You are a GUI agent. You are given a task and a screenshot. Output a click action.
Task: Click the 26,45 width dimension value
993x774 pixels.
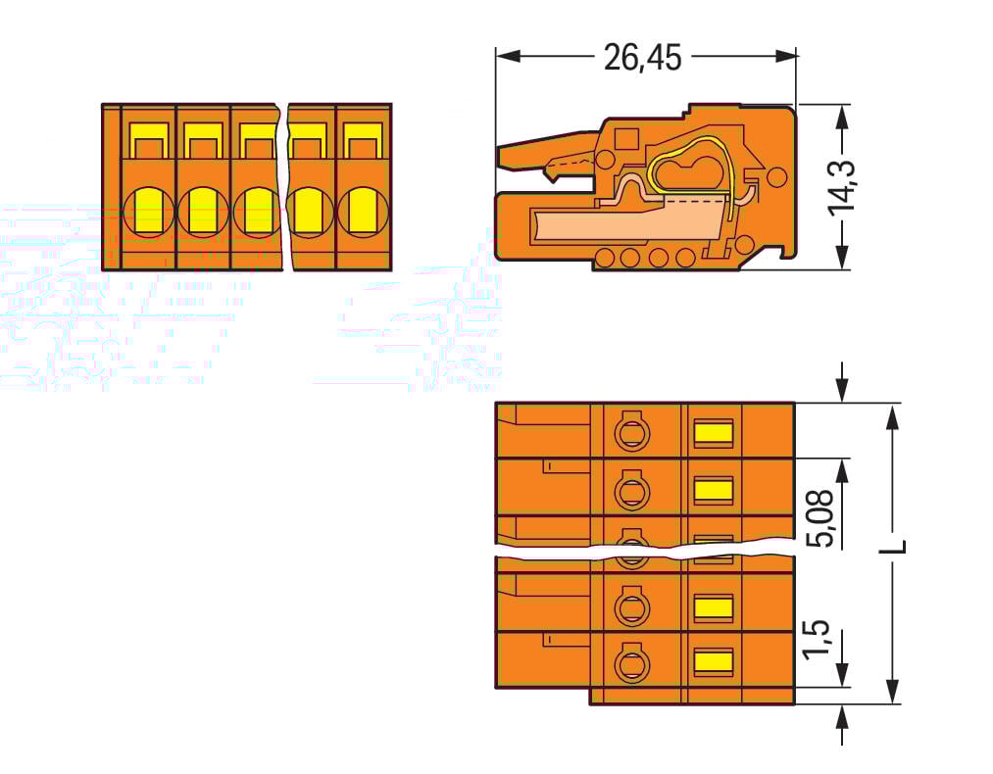[x=642, y=58]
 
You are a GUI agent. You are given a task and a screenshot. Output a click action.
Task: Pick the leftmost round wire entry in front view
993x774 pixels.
[x=150, y=210]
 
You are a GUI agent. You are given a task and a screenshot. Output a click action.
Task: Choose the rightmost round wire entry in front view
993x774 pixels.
[x=363, y=210]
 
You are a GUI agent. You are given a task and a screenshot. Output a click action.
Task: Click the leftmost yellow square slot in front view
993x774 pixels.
[x=149, y=144]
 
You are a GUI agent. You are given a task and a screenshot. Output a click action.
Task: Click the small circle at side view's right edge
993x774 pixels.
[x=775, y=177]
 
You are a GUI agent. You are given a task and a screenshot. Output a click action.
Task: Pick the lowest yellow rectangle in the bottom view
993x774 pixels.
[x=713, y=661]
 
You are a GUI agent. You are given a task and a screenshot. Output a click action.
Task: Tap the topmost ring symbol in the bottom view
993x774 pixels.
[x=631, y=431]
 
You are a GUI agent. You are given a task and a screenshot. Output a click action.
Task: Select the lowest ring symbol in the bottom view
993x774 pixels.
[x=631, y=663]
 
